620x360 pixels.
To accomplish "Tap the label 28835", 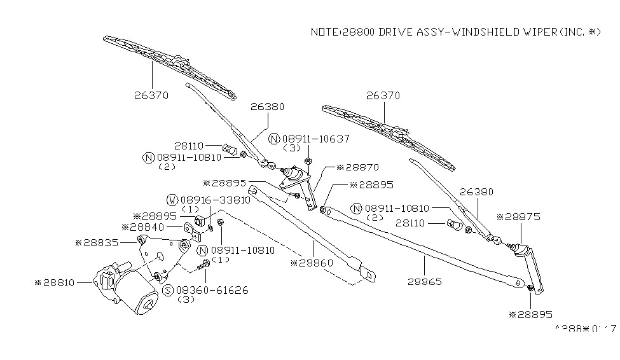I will click(x=100, y=242).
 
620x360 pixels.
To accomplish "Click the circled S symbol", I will click(x=169, y=290).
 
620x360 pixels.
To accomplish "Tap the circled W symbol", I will click(x=172, y=200).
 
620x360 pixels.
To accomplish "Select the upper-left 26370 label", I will click(x=151, y=95).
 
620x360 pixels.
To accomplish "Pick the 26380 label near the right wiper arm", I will click(x=476, y=191).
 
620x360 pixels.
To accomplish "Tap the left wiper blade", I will click(x=169, y=67).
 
